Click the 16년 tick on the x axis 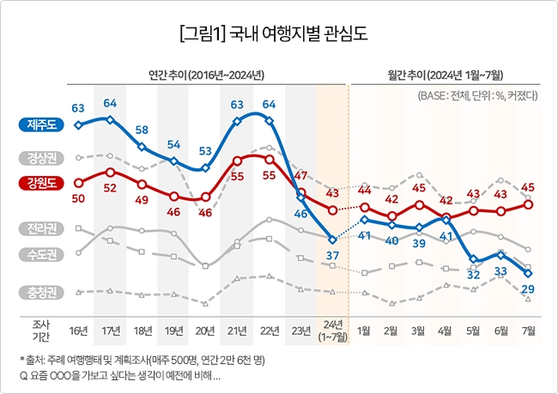click(78, 330)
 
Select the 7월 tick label click(529, 330)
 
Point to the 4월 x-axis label click(446, 330)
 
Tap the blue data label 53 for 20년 click(205, 151)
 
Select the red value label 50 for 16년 click(78, 198)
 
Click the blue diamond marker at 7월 click(528, 274)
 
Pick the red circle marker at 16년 click(78, 182)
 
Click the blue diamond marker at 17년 click(110, 119)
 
